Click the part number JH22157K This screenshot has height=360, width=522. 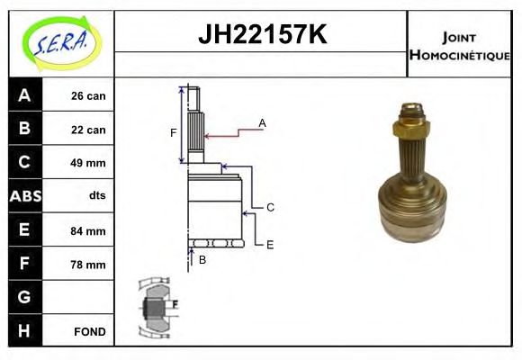coord(261,36)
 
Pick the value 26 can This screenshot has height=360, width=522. coord(88,96)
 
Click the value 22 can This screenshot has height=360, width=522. coord(88,130)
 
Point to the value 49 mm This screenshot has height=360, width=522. coord(88,163)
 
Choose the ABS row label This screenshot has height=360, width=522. coord(24,196)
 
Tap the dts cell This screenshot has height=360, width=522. coord(96,196)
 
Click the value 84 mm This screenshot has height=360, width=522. coord(88,230)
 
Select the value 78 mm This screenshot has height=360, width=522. coord(88,265)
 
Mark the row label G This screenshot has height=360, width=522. coord(24,297)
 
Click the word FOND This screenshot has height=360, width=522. coord(89,331)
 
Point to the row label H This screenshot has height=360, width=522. coord(24,330)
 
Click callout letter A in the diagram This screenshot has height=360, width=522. coord(262,122)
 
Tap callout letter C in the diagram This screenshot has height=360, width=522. coord(269,207)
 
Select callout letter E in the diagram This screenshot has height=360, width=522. coord(269,243)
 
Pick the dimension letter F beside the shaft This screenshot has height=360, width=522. coord(174,132)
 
